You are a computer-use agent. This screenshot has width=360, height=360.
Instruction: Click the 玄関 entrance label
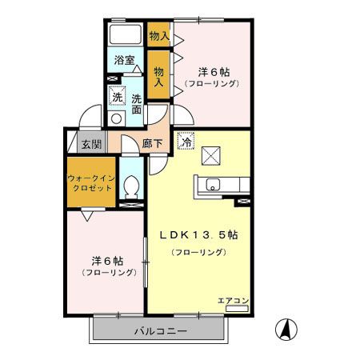pyautogui.click(x=91, y=145)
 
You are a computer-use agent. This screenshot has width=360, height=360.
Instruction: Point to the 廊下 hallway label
pyautogui.click(x=152, y=145)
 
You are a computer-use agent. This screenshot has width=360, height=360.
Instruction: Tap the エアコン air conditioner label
pyautogui.click(x=234, y=300)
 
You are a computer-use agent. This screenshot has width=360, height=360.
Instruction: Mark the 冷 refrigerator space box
pyautogui.click(x=186, y=140)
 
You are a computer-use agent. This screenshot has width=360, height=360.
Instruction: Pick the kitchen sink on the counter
pyautogui.click(x=212, y=185)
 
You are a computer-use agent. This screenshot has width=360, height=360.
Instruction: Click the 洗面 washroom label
pyautogui.click(x=137, y=105)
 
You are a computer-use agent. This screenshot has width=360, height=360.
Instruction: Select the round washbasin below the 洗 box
pyautogui.click(x=117, y=118)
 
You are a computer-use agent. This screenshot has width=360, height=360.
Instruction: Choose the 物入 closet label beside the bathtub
pyautogui.click(x=158, y=35)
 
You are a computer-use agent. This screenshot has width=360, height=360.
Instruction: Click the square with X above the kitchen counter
pyautogui.click(x=212, y=154)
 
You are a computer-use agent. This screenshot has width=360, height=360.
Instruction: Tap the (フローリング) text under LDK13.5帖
pyautogui.click(x=198, y=252)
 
